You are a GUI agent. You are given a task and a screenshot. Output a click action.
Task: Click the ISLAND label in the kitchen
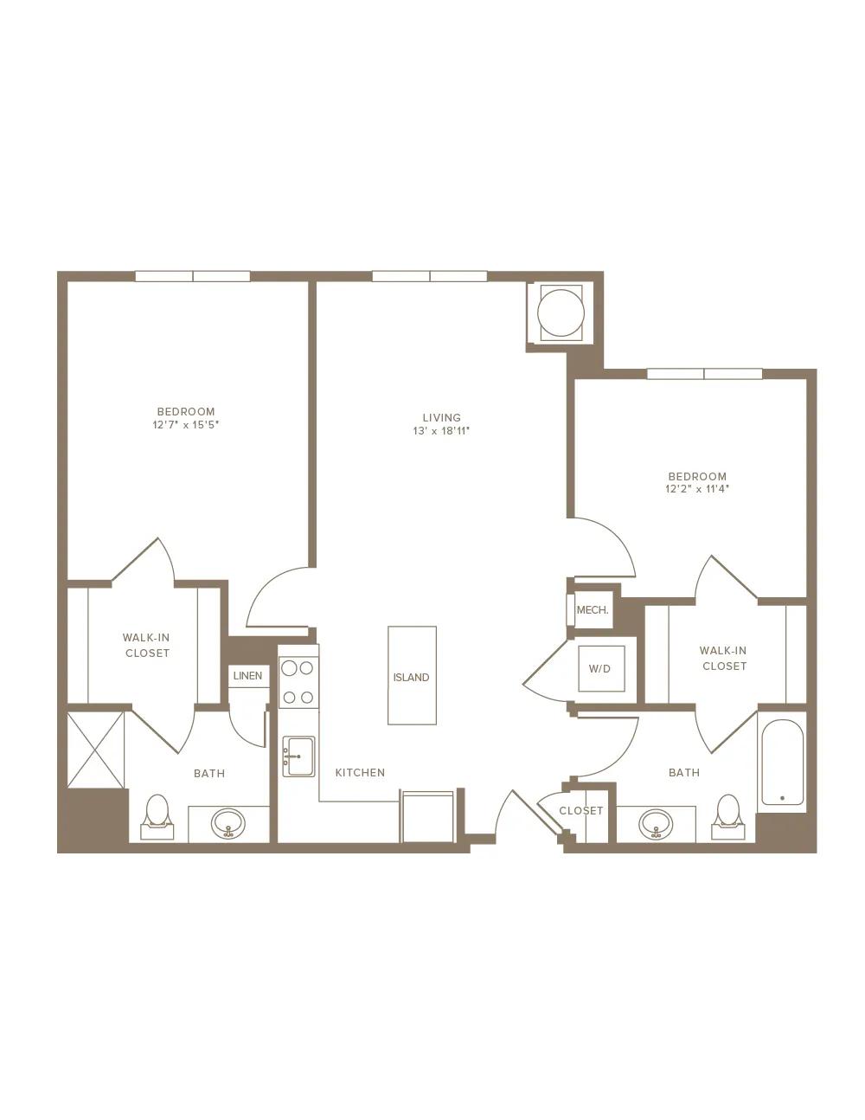[x=411, y=677]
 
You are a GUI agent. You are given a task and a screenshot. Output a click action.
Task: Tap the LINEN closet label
[x=247, y=676]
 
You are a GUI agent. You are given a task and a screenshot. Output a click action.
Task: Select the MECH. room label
[x=593, y=610]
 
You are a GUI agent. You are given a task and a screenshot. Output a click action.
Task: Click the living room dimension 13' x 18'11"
[x=441, y=431]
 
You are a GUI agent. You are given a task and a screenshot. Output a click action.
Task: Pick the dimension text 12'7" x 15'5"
[x=186, y=425]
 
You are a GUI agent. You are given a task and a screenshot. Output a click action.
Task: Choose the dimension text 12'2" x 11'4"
[x=697, y=489]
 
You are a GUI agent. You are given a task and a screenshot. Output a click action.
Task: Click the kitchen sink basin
[x=298, y=756]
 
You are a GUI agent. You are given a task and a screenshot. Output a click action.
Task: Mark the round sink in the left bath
[x=228, y=823]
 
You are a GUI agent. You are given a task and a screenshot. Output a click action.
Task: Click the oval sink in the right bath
[x=656, y=824]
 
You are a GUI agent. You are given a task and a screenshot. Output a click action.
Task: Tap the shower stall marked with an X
[x=96, y=750]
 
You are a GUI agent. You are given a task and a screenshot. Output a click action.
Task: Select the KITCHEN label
[x=360, y=773]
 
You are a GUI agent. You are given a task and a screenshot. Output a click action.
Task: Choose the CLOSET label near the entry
[x=580, y=811]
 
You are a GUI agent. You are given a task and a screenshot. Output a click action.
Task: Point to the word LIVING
[x=442, y=417]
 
